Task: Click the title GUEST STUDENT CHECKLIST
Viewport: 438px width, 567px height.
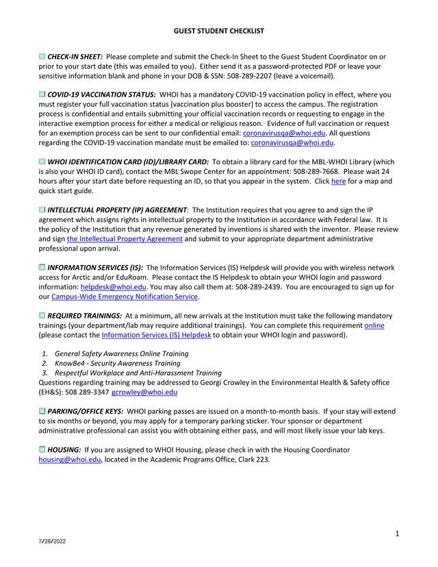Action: pyautogui.click(x=218, y=32)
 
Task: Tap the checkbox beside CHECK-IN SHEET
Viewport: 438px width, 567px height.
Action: pyautogui.click(x=42, y=56)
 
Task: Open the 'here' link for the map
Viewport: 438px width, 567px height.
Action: pyautogui.click(x=338, y=181)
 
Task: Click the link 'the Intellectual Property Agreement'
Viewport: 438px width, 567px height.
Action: pyautogui.click(x=125, y=239)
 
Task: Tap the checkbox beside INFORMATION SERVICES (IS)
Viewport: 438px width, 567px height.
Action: pyautogui.click(x=42, y=268)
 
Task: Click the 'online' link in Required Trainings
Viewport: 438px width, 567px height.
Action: pyautogui.click(x=374, y=325)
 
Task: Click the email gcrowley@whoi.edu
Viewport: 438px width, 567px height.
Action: pyautogui.click(x=144, y=392)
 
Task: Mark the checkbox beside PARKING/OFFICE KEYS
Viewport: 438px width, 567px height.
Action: pyautogui.click(x=42, y=412)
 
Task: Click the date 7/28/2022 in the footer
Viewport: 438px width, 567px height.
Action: pyautogui.click(x=52, y=542)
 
